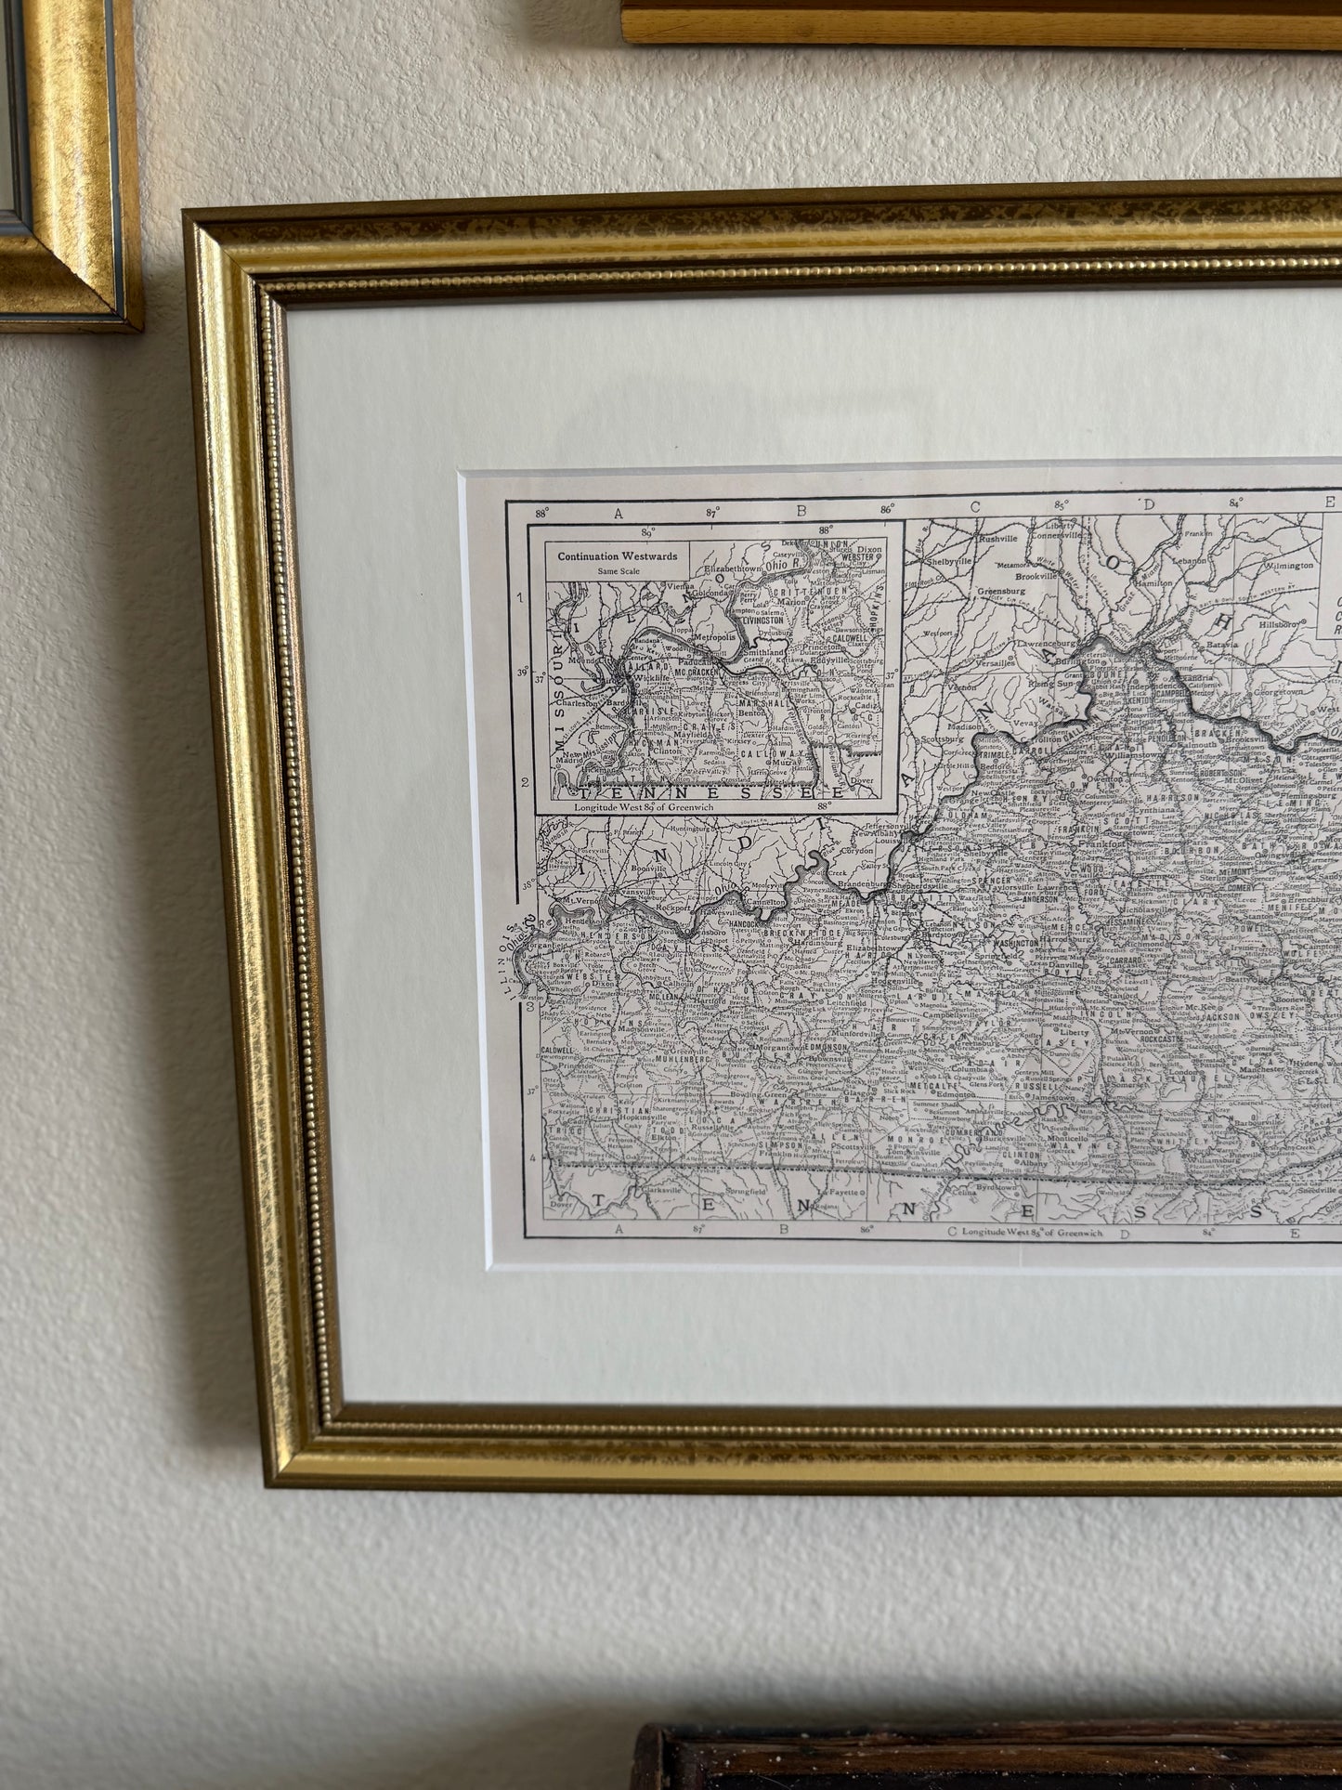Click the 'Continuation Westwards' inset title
pos(616,556)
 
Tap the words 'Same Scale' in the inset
pos(616,570)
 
